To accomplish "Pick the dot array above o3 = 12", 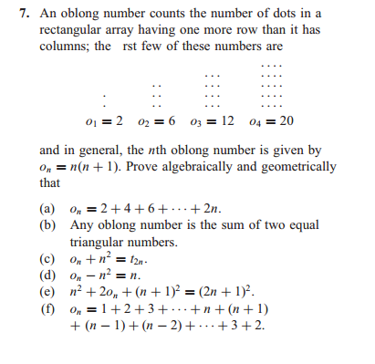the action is click(212, 89).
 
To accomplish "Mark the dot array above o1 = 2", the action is click(107, 97).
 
